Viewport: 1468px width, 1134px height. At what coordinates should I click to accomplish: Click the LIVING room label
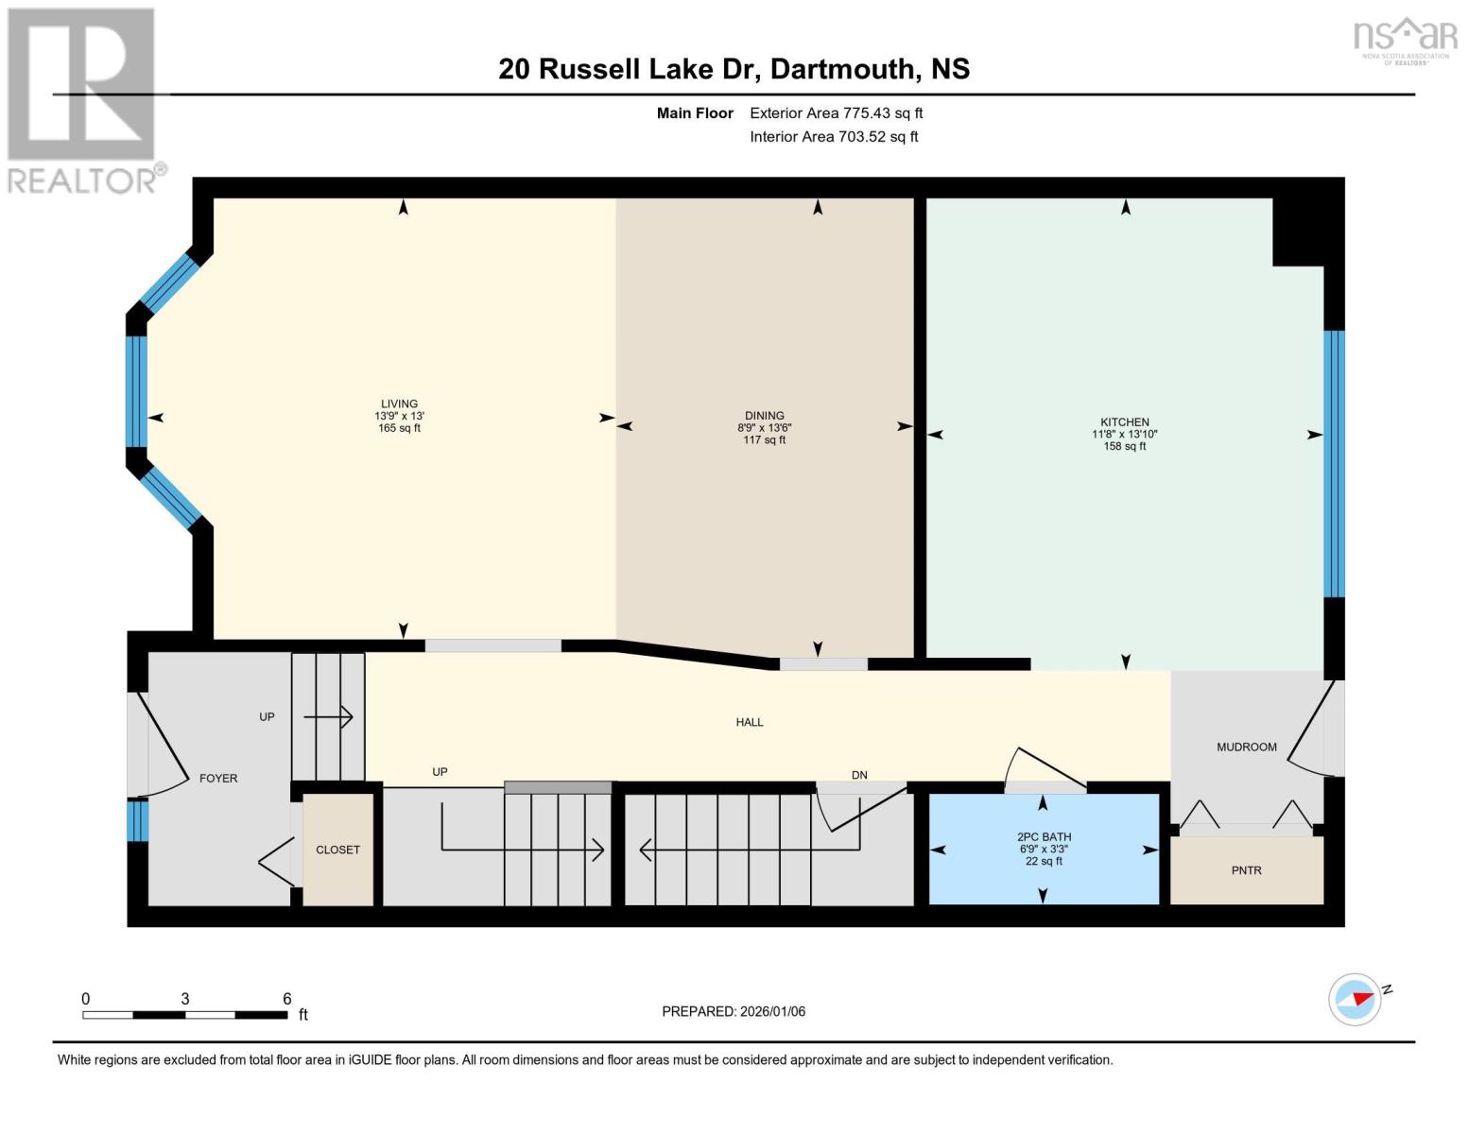pos(399,404)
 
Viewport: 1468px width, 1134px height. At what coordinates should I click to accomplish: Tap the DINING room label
pos(764,416)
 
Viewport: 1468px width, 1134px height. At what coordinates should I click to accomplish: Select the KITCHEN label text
pos(1124,422)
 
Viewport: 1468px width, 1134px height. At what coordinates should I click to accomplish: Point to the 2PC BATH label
pos(1044,837)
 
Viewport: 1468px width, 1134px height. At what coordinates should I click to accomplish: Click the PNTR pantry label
pos(1246,870)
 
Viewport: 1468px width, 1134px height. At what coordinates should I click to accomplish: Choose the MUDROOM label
pos(1246,747)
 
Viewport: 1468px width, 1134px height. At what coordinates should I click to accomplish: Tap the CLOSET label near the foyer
pos(337,850)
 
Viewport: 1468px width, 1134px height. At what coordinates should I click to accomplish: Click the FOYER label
pos(218,779)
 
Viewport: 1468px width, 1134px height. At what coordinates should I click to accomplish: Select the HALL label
pos(750,722)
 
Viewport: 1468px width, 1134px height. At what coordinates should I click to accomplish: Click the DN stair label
pos(859,775)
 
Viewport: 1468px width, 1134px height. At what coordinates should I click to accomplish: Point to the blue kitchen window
pos(1333,463)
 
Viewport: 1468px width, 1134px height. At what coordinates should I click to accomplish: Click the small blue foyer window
pos(138,820)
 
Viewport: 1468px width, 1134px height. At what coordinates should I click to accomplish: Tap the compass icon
pos(1355,999)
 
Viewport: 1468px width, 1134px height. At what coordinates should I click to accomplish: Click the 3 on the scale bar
pos(185,999)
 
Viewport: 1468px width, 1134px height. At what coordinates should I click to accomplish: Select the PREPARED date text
pos(734,1011)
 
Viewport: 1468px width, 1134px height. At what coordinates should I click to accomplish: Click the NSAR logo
pos(1405,40)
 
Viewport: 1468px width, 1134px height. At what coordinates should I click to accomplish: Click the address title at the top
pos(734,69)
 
